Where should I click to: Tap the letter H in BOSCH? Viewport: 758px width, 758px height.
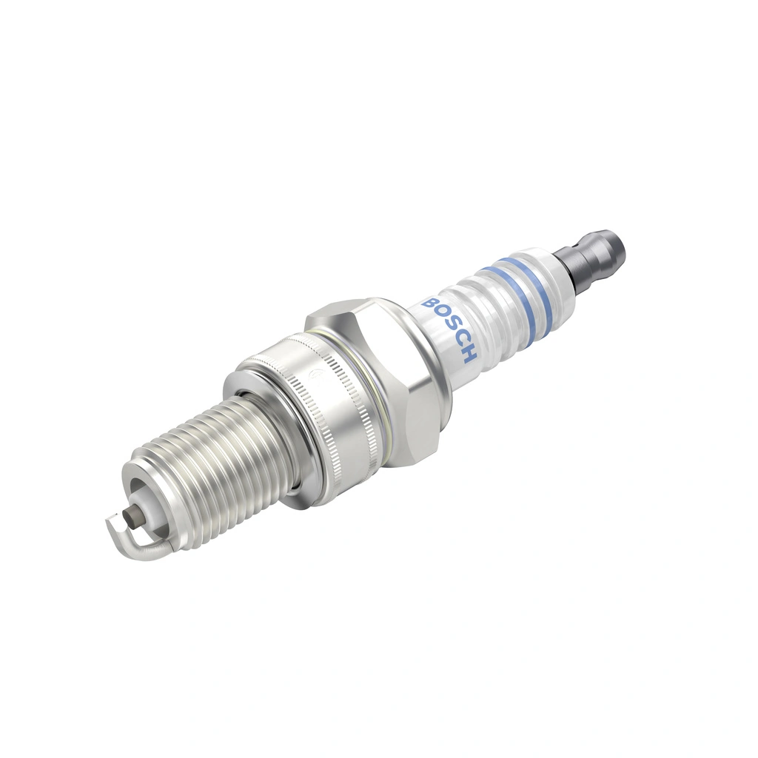click(x=469, y=355)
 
